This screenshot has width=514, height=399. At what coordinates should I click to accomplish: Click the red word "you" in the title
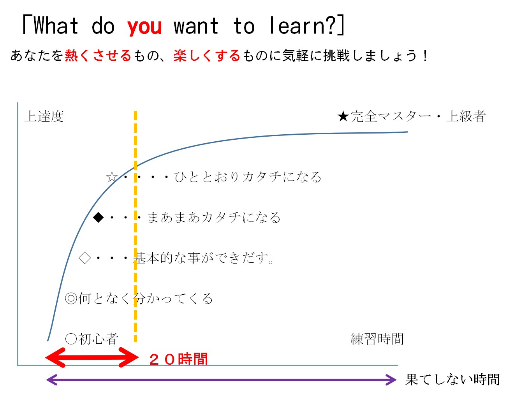[144, 27]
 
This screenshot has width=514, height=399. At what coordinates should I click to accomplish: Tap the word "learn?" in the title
[302, 26]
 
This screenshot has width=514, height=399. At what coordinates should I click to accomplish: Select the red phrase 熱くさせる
[98, 56]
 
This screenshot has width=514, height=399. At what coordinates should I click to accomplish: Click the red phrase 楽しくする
[207, 56]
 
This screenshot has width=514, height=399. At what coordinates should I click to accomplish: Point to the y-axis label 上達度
[44, 116]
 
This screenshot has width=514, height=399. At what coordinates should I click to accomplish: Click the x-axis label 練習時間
[377, 339]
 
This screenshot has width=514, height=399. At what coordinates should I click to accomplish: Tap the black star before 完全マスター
[343, 116]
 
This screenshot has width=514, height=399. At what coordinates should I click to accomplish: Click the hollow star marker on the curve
[112, 177]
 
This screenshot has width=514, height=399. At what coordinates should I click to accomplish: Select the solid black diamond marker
[98, 218]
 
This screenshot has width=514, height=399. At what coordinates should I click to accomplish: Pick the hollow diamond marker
[84, 258]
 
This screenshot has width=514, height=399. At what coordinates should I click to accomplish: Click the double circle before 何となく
[71, 298]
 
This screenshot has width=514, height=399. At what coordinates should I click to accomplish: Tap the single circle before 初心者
[71, 339]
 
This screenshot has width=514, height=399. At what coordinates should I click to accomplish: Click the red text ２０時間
[179, 359]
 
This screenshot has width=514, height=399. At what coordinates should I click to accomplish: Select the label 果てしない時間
[452, 380]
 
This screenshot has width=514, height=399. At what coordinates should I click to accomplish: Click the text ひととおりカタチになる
[248, 177]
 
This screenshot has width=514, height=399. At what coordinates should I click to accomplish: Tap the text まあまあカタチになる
[214, 218]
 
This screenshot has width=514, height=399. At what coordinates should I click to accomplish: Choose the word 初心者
[98, 339]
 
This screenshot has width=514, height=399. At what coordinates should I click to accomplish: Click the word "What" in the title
[56, 26]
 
